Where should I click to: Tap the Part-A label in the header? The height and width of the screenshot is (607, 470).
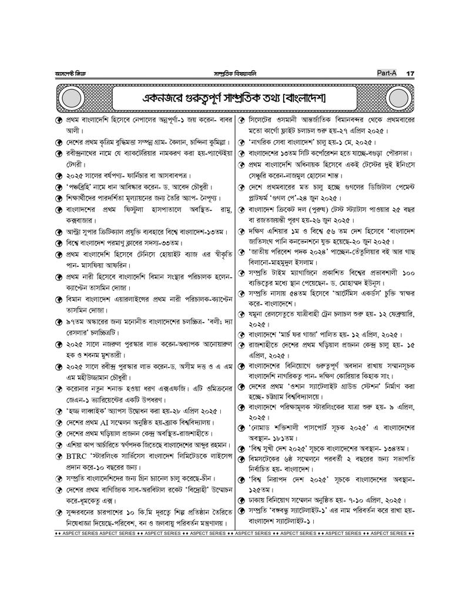click(x=387, y=73)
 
